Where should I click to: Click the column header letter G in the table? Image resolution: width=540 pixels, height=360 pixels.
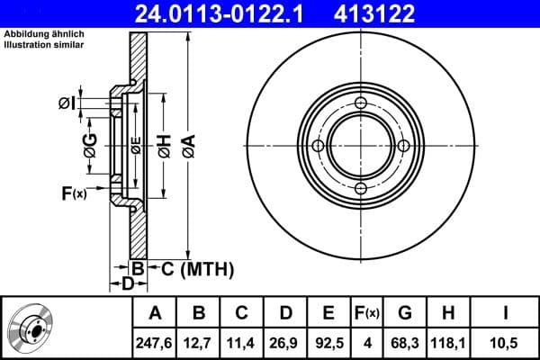(405, 313)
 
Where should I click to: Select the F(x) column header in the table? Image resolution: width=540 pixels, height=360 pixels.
(367, 313)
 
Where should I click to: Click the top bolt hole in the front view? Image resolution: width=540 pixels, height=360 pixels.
(360, 104)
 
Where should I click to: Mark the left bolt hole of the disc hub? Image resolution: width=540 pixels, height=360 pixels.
(318, 147)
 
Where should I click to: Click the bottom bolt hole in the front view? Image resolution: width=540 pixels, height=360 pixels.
(360, 188)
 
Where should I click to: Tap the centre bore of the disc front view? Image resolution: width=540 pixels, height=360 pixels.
(360, 147)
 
